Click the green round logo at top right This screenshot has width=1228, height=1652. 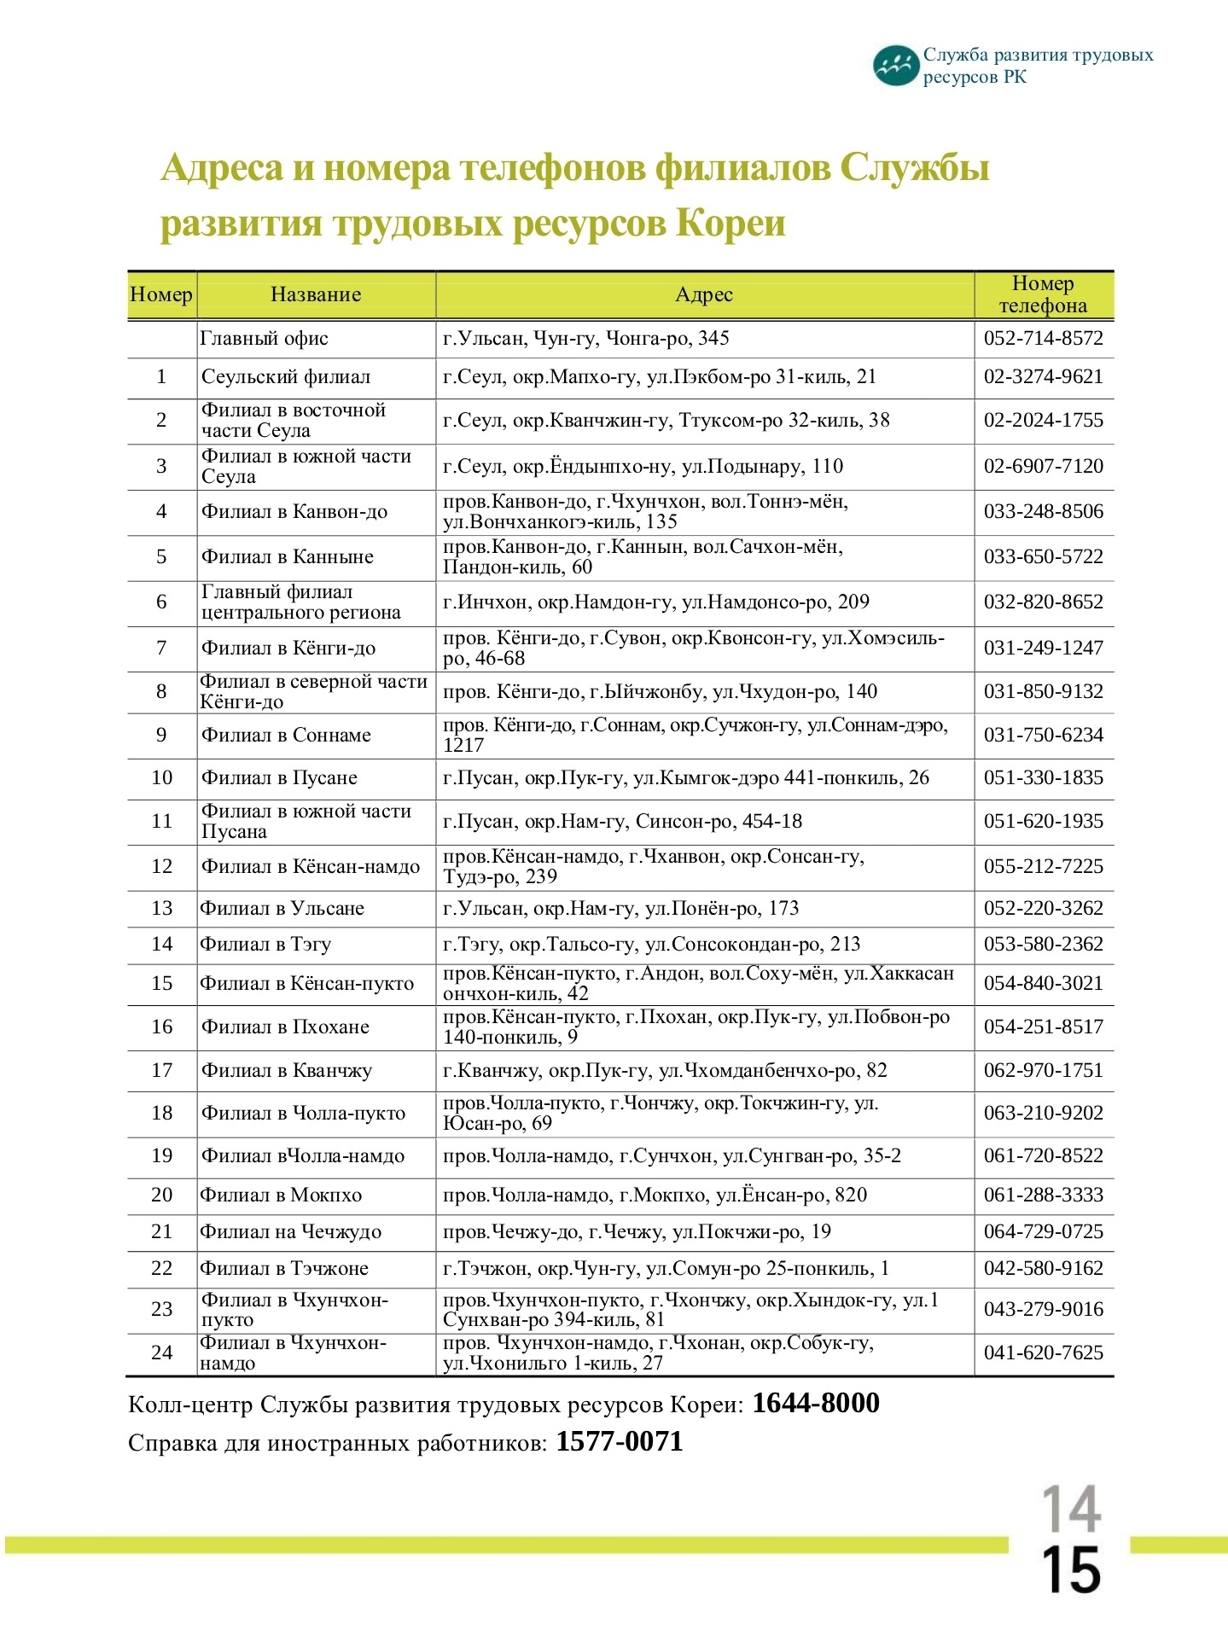point(895,67)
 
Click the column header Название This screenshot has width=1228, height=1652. point(316,295)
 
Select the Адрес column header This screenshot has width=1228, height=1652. point(704,295)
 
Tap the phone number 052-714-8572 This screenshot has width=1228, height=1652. point(1043,339)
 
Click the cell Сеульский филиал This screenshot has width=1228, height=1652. point(286,377)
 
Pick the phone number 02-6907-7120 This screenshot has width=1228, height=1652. point(1043,467)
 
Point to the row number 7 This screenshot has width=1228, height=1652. point(161,649)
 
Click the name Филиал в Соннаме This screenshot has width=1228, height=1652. point(286,736)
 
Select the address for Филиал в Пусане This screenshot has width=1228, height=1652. point(685,778)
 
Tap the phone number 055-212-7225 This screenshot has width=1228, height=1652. point(1043,867)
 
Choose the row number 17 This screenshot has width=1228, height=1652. point(161,1071)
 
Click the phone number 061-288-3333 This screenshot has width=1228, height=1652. point(1043,1195)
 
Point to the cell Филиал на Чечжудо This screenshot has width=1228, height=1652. point(290,1232)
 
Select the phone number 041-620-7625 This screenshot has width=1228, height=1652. point(1043,1353)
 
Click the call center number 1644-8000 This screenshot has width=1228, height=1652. point(815,1404)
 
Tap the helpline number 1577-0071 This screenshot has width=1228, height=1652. point(620,1442)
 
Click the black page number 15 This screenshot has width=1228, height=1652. point(1071,1569)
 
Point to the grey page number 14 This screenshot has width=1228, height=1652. point(1071,1509)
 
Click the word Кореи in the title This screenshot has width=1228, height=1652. point(730,224)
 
